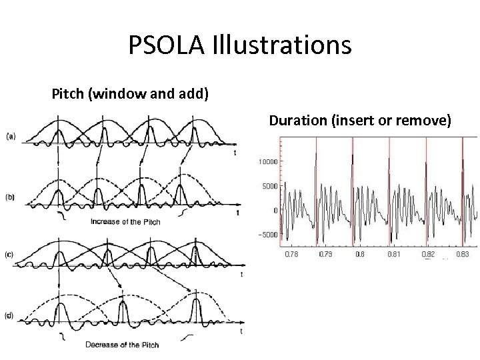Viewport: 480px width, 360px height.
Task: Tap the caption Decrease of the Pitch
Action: (x=122, y=345)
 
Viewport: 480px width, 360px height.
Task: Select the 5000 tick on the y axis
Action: (x=269, y=187)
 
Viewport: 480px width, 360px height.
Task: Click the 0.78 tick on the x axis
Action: (x=291, y=254)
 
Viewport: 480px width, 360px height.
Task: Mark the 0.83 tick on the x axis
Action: (x=462, y=254)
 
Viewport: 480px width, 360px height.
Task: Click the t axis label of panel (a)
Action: (x=235, y=153)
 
